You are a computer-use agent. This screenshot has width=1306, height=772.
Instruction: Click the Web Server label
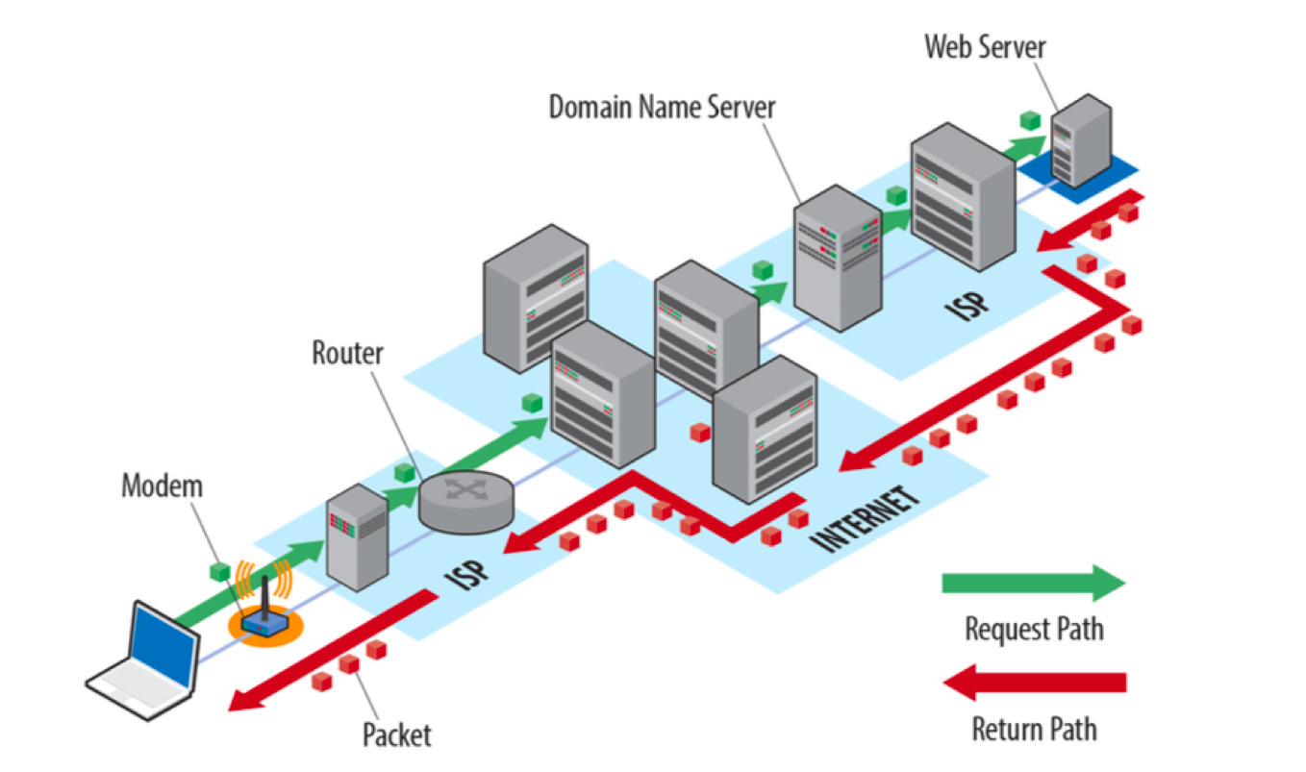coord(985,47)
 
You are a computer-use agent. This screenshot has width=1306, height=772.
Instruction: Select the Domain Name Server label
coord(662,108)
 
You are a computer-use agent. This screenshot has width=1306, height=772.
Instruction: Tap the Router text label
coord(347,353)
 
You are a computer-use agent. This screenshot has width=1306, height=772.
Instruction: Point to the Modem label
coord(162,486)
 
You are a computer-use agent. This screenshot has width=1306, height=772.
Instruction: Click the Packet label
coord(396,735)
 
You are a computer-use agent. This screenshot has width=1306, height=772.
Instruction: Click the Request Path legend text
coord(1034,630)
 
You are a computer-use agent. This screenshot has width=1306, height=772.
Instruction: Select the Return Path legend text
coord(1034,730)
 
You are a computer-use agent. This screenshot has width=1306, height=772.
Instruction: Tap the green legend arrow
coord(1033,583)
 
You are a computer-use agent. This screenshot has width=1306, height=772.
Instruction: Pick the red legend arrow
coord(1034,683)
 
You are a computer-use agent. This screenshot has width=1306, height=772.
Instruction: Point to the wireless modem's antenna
coord(265,597)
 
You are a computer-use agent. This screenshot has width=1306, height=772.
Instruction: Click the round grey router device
coord(465,502)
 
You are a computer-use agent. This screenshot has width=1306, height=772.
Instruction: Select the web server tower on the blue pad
coord(1080,140)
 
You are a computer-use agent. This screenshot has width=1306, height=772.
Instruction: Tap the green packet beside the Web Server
coord(1030,120)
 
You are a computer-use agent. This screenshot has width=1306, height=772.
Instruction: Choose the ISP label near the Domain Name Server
coord(967,305)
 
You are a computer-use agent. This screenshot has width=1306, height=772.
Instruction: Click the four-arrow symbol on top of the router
coord(465,488)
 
